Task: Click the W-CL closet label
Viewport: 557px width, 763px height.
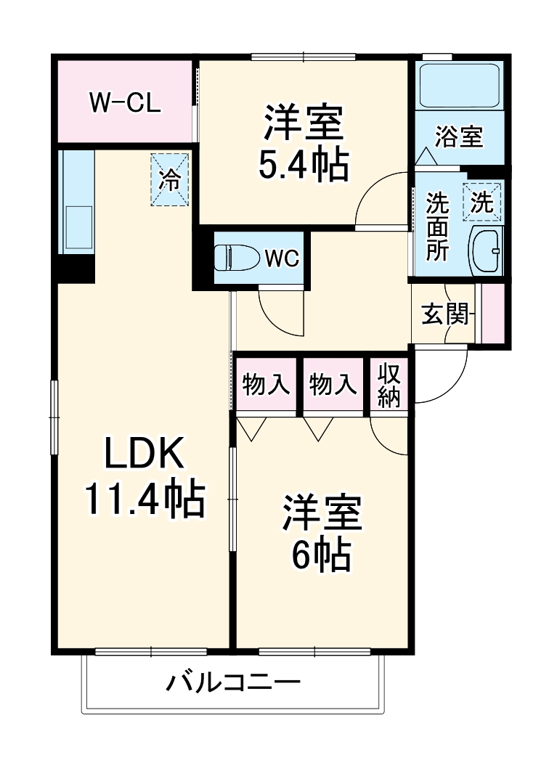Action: [124, 102]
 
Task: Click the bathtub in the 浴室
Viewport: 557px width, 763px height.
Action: [459, 86]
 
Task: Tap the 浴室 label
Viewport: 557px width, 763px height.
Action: [459, 136]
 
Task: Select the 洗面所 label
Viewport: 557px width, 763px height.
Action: [437, 225]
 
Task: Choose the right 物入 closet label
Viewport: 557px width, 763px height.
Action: [333, 384]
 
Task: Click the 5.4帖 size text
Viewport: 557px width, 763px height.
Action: [304, 166]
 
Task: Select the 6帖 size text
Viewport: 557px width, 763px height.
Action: [322, 555]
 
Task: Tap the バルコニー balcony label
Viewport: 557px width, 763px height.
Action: [234, 682]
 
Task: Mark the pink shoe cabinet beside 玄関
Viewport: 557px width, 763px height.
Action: [494, 313]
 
